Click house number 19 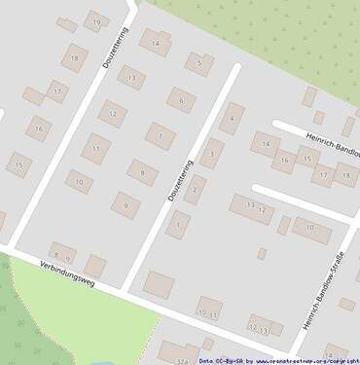[95, 20]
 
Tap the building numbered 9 [124, 204]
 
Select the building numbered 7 [160, 135]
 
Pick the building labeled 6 [180, 99]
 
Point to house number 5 [199, 64]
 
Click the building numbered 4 [231, 119]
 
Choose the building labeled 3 [212, 154]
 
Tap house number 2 [196, 189]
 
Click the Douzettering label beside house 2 [178, 182]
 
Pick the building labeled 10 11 [208, 312]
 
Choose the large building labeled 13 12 [254, 207]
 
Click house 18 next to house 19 [75, 58]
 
